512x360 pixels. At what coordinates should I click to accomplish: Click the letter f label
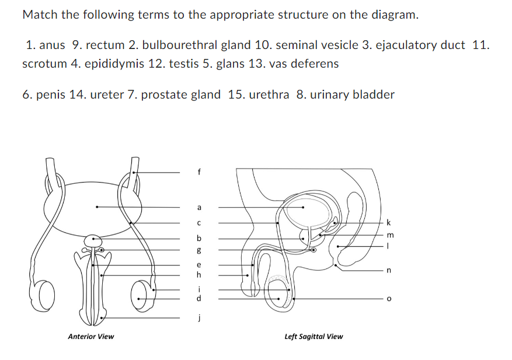(199, 172)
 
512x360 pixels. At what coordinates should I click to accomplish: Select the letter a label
(199, 207)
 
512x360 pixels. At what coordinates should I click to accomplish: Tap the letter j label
(199, 319)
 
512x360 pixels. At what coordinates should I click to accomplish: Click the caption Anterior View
(91, 337)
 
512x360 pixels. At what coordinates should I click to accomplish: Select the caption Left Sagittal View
(314, 337)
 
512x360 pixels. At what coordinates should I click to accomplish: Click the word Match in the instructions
(40, 15)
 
